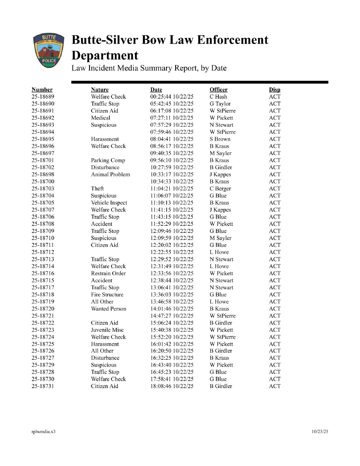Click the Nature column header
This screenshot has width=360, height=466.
point(100,89)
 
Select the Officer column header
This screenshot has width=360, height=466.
point(219,89)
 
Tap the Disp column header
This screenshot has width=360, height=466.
point(275,89)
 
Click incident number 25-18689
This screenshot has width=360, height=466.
point(43,97)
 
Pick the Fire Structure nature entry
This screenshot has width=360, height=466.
point(107,295)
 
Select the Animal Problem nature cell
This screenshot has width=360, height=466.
point(110,174)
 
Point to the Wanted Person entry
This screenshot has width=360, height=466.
point(109,309)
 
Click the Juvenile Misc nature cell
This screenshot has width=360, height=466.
point(107,330)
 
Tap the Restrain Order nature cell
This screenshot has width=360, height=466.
point(108,273)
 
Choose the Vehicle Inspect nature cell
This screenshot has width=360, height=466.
point(109,203)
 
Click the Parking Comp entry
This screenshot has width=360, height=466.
point(108,160)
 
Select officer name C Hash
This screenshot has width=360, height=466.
point(218,97)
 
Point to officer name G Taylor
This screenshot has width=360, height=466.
point(220,104)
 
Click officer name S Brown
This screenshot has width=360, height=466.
point(220,139)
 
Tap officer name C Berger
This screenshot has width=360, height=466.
point(220,188)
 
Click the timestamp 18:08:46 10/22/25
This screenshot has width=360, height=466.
point(172,386)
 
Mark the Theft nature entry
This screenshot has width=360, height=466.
point(97,188)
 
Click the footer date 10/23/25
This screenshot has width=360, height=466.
point(320,431)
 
